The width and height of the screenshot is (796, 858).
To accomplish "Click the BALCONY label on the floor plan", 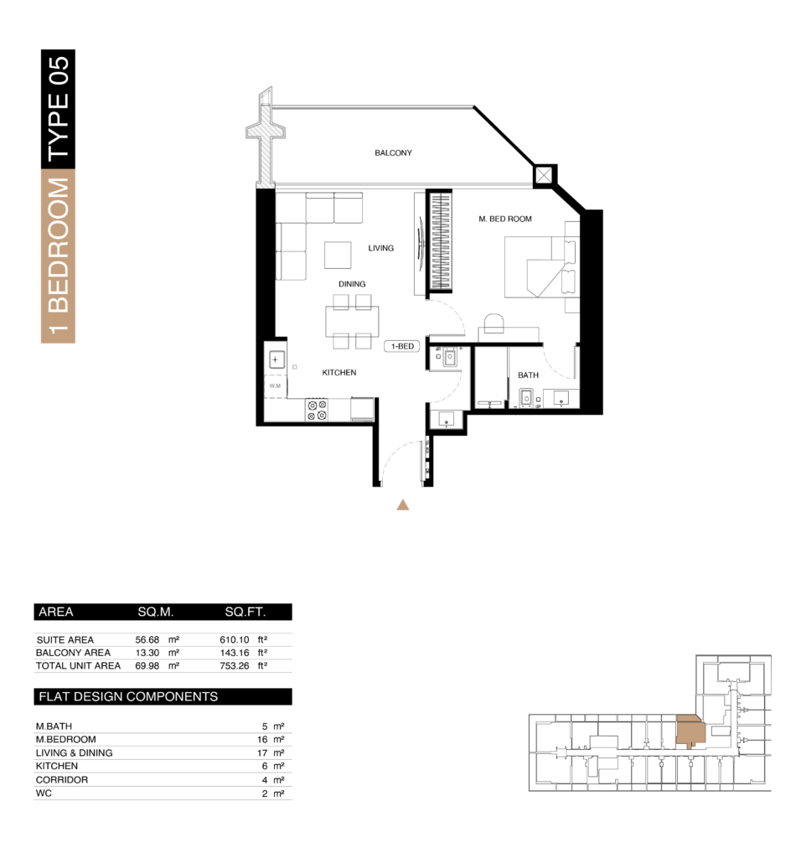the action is (393, 152).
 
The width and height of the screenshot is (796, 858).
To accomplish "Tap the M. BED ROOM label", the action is (505, 219).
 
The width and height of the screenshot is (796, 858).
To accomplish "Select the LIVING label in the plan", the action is (380, 248).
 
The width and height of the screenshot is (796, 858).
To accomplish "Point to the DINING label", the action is (352, 284).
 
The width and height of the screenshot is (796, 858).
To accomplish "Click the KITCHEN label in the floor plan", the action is (339, 373).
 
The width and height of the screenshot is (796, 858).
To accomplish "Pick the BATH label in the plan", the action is (528, 375).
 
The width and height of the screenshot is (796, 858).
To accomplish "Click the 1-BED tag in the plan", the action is (402, 346).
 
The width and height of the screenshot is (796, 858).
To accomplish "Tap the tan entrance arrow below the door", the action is (403, 504).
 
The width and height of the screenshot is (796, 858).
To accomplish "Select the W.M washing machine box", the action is (275, 386).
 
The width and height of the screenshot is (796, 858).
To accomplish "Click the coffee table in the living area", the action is (338, 255).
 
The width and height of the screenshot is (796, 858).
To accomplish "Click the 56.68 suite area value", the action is (147, 639).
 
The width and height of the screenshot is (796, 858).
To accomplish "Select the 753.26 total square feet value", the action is (234, 666).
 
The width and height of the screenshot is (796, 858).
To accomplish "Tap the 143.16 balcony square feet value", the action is (234, 653).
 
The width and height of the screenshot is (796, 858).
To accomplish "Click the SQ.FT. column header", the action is (246, 612).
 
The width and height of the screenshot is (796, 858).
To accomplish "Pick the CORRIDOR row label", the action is (62, 780).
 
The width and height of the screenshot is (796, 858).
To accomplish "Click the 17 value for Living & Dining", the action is (262, 753).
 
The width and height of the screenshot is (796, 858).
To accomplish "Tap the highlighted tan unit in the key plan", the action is (690, 731).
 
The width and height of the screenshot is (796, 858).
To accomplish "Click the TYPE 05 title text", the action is (58, 108).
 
